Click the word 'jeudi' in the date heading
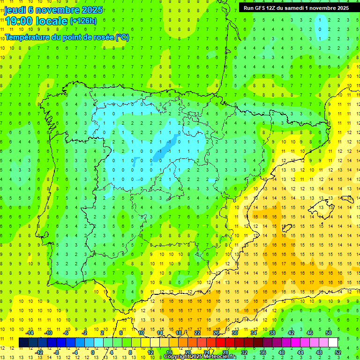[x=15, y=10]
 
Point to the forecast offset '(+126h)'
[x=83, y=21]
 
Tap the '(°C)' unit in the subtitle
[x=122, y=37]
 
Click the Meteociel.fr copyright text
[x=200, y=357]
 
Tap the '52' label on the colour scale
[x=338, y=352]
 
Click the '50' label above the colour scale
[x=329, y=333]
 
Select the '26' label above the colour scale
[x=216, y=333]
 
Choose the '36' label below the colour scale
[x=263, y=352]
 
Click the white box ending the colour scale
[x=333, y=343]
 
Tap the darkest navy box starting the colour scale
[x=23, y=343]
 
